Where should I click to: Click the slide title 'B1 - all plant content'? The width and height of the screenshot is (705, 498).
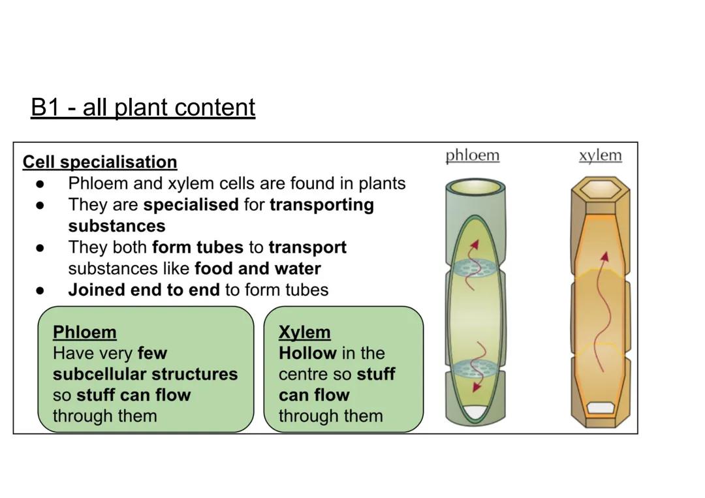coord(143,108)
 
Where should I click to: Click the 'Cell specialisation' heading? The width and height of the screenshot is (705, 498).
coord(100,162)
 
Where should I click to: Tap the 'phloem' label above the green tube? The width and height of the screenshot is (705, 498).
coord(472,155)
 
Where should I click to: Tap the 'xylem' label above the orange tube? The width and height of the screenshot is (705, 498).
coord(600,155)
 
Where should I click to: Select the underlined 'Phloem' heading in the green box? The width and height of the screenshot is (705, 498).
coord(84,332)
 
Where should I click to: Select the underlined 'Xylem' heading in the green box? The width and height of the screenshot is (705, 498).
coord(304,332)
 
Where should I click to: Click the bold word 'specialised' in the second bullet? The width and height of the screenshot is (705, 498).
coord(191,205)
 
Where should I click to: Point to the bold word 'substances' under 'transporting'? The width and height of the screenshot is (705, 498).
coord(117,226)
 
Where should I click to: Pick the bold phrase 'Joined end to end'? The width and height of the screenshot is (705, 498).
coord(144,290)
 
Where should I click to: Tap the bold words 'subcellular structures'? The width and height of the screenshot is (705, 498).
coord(145,374)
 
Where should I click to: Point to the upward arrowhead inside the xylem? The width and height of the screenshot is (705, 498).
coord(605,256)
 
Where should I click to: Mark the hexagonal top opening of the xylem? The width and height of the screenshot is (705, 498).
coord(600,190)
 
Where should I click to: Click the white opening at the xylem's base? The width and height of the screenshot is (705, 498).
coord(600,408)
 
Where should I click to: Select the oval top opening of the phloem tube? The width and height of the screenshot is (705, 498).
coord(475,189)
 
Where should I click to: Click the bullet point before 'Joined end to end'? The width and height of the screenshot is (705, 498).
coord(40,290)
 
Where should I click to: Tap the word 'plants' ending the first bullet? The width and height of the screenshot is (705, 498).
coord(382,183)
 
